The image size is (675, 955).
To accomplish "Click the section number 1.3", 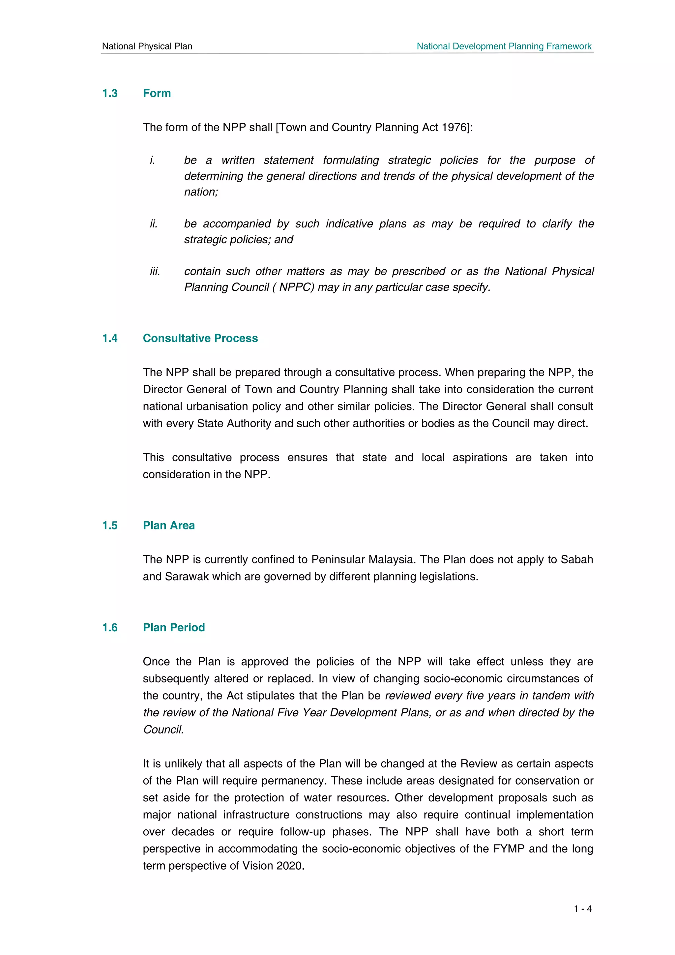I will pos(110,93).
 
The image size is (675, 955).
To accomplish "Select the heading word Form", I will pos(157,93).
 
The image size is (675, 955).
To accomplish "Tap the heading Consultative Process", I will pos(200,338).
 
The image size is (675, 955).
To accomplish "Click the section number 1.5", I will pos(110,525).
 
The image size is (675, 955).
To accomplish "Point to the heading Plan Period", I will pos(174,627).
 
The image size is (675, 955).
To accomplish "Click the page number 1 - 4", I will pos(583,909).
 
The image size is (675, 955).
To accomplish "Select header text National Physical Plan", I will pos(147,46).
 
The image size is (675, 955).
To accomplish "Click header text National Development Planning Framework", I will pos(504,46).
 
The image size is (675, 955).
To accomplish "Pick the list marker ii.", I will pos(154,224).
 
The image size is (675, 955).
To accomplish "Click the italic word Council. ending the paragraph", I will pos(163,730).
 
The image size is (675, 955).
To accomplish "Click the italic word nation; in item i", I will pos(201,192).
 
